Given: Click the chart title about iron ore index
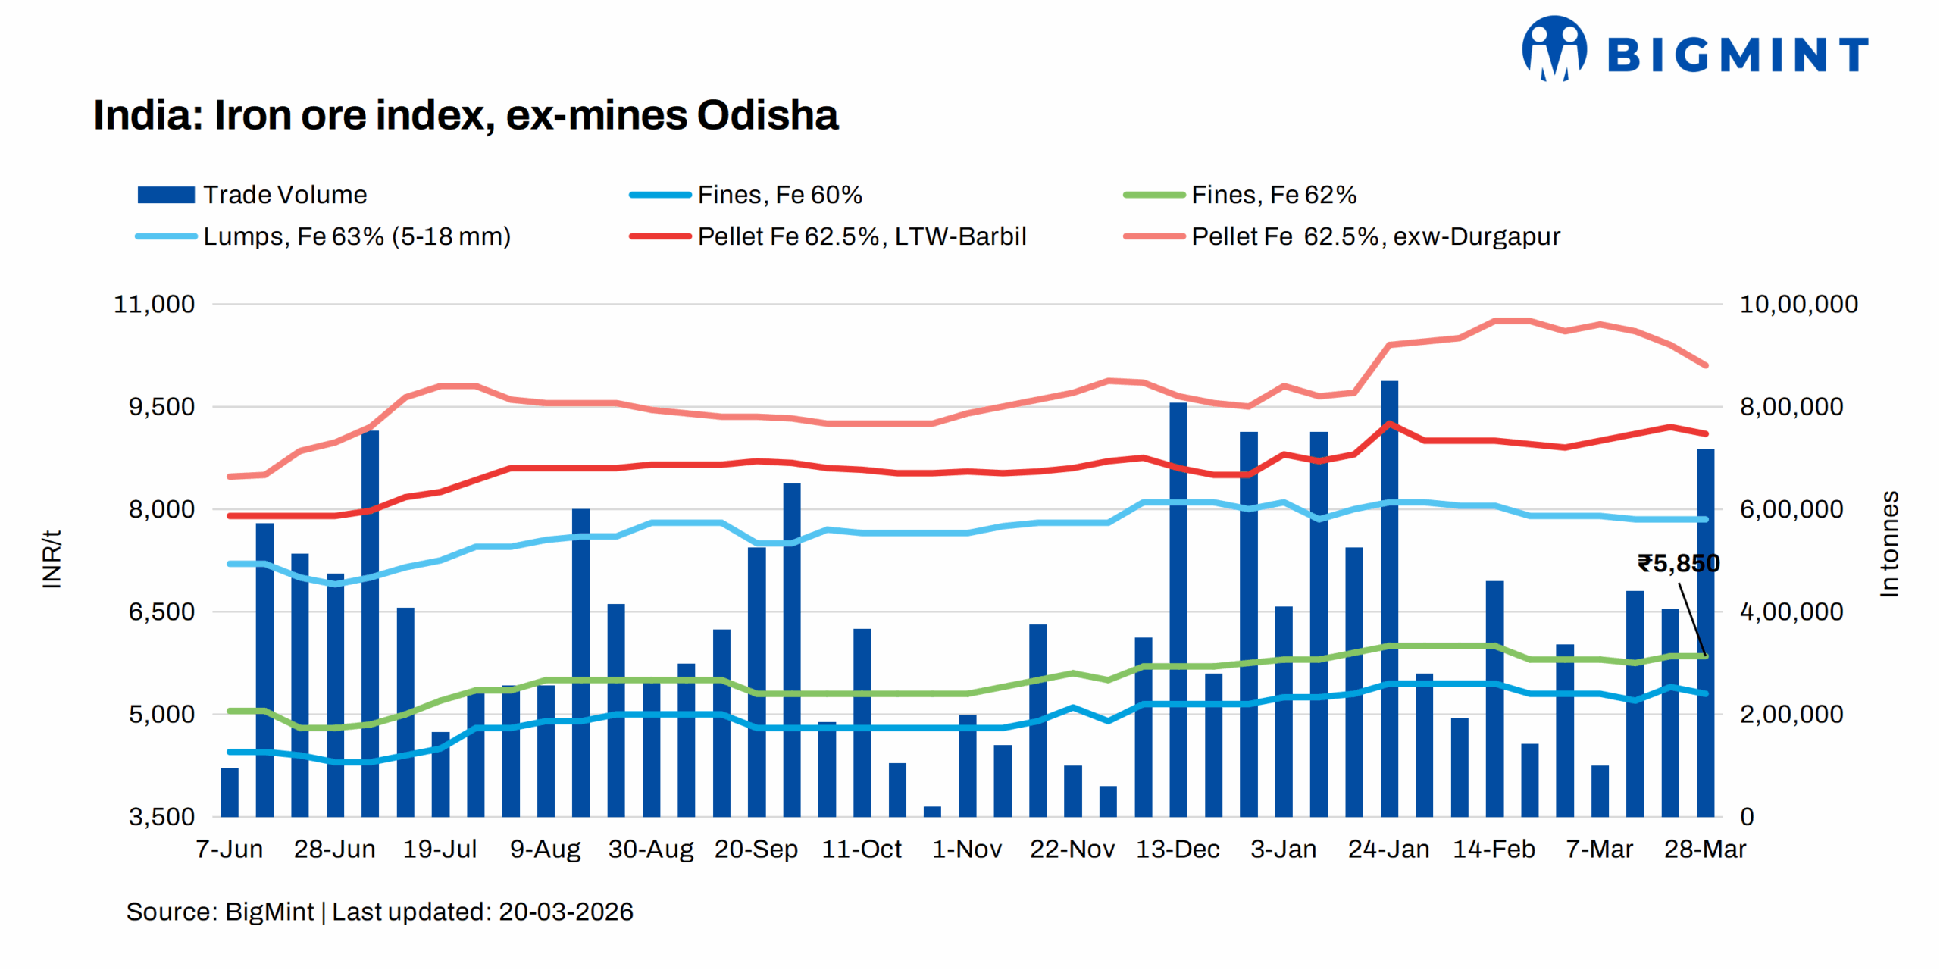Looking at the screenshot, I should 465,115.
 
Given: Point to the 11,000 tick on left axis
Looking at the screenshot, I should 154,304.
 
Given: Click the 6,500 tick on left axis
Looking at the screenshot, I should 161,612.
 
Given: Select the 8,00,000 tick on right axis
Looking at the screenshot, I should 1791,407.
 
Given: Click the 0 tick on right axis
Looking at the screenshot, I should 1747,816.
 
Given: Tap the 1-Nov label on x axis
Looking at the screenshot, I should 966,849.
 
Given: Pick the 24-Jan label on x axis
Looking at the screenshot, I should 1388,849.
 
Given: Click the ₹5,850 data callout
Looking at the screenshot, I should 1678,563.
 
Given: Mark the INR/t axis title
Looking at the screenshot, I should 52,559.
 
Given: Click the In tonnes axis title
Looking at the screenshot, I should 1888,543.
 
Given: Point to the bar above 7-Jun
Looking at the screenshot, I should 230,792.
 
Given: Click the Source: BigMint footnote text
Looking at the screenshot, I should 379,911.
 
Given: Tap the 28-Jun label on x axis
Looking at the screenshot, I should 334,849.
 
